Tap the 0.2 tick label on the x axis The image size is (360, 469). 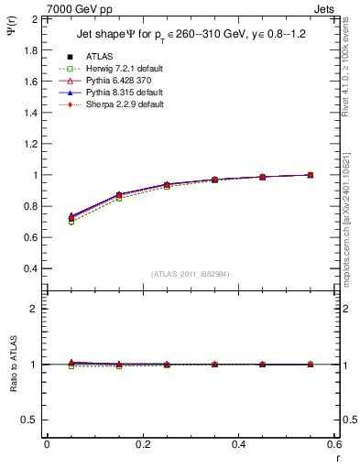point(143,444)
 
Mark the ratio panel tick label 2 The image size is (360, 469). point(32,309)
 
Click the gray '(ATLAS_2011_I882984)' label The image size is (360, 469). point(190,274)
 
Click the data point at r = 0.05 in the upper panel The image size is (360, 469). point(71,217)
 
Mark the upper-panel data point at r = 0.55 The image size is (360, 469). point(311,175)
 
